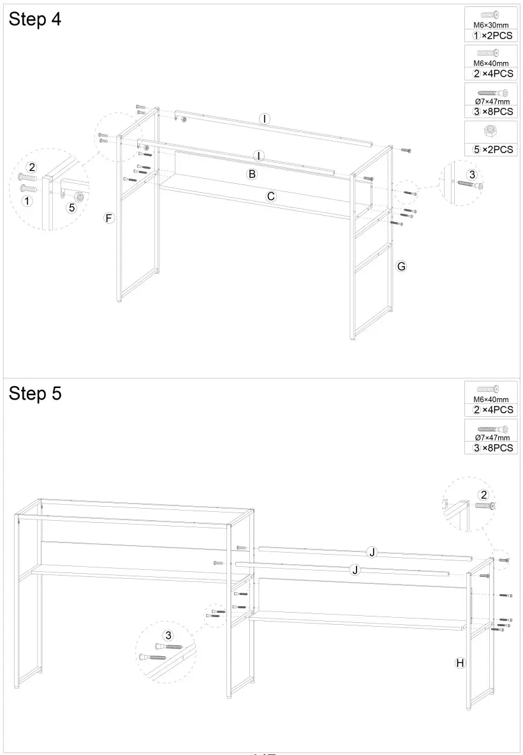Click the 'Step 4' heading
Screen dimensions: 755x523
[35, 20]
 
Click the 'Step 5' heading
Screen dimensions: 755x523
[35, 394]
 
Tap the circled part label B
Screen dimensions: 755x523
[252, 174]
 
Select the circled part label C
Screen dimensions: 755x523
[270, 197]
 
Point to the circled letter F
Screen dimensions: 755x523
[109, 218]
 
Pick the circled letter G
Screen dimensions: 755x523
[401, 266]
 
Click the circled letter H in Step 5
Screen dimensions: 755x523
[459, 662]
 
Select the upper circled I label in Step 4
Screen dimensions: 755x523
[264, 119]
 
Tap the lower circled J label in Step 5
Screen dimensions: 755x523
[355, 570]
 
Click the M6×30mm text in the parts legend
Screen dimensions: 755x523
[490, 26]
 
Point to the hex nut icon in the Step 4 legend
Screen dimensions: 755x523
[490, 131]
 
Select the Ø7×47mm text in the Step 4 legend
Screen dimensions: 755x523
[492, 101]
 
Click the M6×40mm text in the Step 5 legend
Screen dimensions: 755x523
[490, 400]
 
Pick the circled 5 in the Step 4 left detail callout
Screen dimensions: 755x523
[71, 207]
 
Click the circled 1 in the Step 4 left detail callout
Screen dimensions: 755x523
[26, 200]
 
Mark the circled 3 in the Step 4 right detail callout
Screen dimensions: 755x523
[472, 174]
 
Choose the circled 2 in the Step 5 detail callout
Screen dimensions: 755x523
[483, 495]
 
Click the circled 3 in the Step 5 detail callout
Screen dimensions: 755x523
[168, 635]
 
